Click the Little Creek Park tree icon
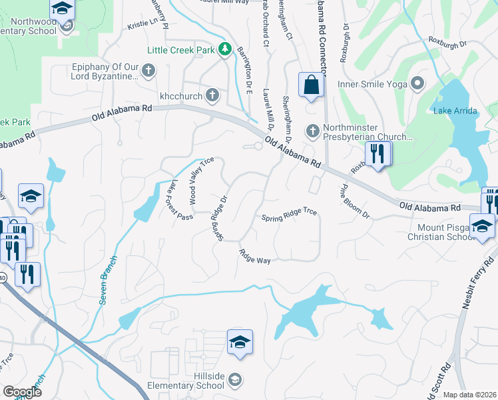225,50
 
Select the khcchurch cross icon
212,95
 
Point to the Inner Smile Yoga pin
418,83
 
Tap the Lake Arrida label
455,111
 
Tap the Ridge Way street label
255,256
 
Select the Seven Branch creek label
109,281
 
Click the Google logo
22,392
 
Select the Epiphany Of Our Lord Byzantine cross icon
148,70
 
